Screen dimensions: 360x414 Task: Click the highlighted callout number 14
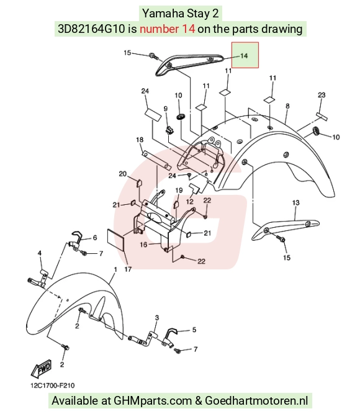coord(244,56)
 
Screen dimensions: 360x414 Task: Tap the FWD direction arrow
coord(41,368)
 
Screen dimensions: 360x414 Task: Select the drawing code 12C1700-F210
coord(53,385)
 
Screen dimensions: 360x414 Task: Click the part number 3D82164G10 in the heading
coord(91,29)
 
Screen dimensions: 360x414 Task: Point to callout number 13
coord(296,202)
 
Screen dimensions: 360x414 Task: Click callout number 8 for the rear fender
coord(287,106)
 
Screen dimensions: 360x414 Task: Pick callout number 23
coord(322,95)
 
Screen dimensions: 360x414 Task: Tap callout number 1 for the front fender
coord(115,269)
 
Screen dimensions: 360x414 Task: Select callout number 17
coord(128,269)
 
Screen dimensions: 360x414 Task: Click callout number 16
coord(143,245)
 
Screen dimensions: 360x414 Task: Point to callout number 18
coord(140,140)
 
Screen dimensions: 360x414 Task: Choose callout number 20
coord(123,174)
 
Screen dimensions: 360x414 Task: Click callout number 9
coord(166,109)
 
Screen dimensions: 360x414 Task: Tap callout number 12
coord(190,202)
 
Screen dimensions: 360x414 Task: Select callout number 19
coord(179,190)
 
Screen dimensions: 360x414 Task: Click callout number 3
coord(157,318)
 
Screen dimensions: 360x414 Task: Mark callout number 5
coord(194,330)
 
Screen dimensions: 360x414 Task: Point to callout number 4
coord(40,253)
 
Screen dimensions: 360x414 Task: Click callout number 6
coord(95,238)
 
